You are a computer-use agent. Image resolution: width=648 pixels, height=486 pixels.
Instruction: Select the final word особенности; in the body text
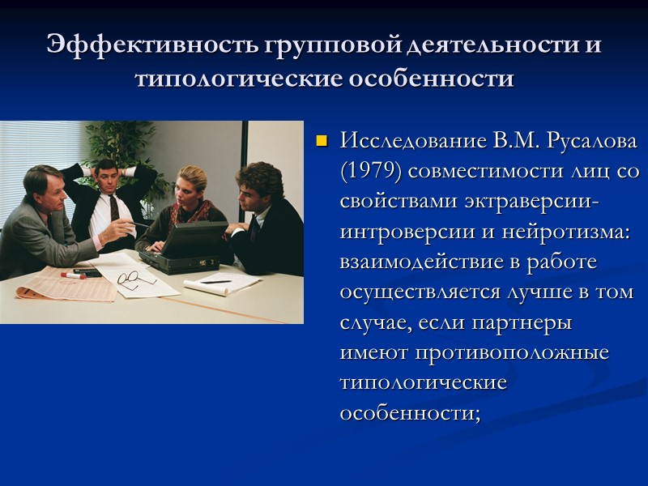tap(410, 412)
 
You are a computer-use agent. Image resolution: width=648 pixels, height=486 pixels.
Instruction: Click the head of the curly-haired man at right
tap(259, 182)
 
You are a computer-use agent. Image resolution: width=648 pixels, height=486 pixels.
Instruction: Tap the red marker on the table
tap(73, 275)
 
